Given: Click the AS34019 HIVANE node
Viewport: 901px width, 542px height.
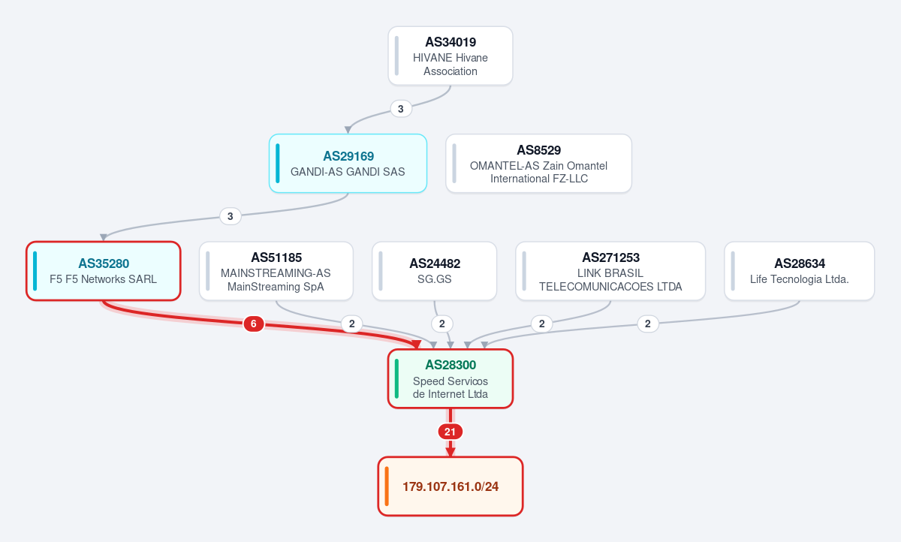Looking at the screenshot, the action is click(x=450, y=56).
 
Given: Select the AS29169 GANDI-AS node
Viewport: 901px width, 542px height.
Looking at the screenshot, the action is click(x=348, y=163).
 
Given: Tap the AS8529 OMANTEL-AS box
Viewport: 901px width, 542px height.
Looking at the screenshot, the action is click(x=538, y=163).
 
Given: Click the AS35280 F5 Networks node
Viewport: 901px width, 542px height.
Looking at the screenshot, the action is click(x=104, y=271).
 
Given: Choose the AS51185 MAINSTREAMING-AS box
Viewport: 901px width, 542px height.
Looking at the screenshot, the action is click(x=276, y=271).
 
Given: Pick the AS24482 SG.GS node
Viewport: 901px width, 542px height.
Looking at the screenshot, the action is click(x=435, y=271).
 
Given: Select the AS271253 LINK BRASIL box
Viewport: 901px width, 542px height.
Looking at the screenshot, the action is click(x=610, y=271).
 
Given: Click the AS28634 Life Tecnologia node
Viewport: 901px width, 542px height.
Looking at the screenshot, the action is click(x=799, y=271).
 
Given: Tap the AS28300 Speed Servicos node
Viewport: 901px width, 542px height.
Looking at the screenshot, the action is click(x=450, y=379).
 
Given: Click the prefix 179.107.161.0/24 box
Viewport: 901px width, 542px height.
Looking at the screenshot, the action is click(x=450, y=486).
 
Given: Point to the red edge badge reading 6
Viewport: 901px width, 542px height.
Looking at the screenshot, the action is click(x=254, y=324).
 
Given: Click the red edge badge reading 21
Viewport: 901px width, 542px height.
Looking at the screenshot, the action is click(x=450, y=432).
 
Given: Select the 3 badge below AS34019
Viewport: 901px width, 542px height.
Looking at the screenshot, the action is click(x=401, y=109).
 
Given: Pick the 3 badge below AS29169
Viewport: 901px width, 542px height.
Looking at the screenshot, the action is click(x=231, y=216).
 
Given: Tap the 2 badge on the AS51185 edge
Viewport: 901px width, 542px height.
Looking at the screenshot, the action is click(x=352, y=324).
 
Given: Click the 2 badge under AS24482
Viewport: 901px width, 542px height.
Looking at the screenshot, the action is click(x=442, y=324).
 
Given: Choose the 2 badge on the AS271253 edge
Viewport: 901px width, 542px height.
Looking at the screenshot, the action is click(x=542, y=324).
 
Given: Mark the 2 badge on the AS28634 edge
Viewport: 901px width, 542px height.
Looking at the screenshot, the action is click(x=648, y=324).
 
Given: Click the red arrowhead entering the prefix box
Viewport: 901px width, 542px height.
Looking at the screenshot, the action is click(x=450, y=452).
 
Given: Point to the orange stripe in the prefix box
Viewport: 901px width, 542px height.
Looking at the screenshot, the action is click(x=387, y=486).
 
